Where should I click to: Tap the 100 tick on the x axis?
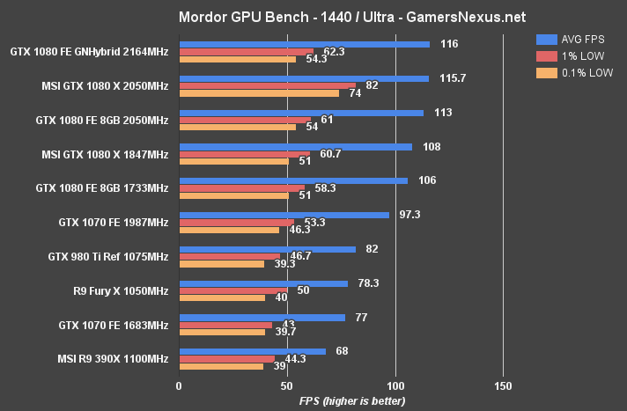coord(395,386)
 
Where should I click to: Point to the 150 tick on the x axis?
coord(503,386)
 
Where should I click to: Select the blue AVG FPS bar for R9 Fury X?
coord(263,283)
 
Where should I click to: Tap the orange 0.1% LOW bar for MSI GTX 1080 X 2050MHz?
coord(259,92)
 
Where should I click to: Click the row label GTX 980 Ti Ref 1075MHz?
coord(107,257)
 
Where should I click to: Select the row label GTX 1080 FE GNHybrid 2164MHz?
coord(89,51)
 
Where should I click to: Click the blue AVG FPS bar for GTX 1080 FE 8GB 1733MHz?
coord(293,180)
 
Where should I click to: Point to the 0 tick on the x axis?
coord(179,386)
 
